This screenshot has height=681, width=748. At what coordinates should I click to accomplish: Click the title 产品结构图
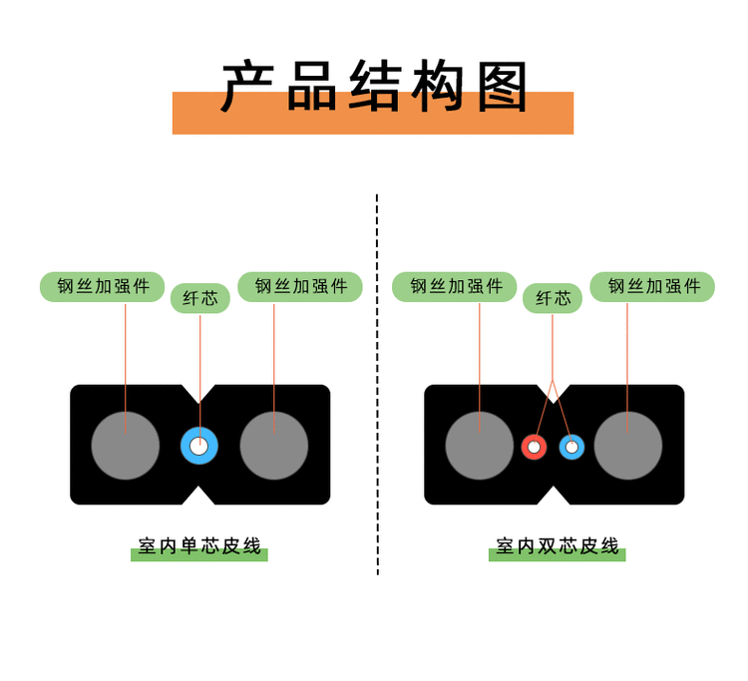tap(374, 88)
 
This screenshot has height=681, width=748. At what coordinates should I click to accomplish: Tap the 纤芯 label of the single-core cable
tap(199, 298)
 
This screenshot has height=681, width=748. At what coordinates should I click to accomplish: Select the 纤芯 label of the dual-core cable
tap(553, 298)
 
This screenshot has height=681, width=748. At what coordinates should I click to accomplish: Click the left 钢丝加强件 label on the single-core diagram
tap(103, 287)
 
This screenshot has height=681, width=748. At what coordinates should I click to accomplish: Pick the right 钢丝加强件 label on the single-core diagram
tap(300, 287)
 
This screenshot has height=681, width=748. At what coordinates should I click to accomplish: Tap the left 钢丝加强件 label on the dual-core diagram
tap(455, 287)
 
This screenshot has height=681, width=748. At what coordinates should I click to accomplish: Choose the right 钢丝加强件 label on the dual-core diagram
tap(652, 287)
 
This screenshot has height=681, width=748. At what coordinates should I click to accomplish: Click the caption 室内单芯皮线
tap(199, 546)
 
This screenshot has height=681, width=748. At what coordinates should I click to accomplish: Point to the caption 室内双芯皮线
tap(558, 546)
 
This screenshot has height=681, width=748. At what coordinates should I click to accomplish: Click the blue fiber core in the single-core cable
tap(199, 446)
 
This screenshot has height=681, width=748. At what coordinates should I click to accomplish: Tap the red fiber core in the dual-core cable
tap(534, 447)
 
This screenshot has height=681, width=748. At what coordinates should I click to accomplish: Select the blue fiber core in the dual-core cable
tap(571, 447)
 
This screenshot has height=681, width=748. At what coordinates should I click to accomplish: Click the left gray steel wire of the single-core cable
tap(126, 446)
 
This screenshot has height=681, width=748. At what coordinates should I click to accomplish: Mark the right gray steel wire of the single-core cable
tap(274, 446)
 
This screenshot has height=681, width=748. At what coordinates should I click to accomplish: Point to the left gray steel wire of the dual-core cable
tap(480, 446)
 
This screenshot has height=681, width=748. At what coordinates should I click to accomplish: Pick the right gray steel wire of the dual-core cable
tap(628, 446)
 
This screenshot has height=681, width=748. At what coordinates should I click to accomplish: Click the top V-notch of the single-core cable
tap(199, 393)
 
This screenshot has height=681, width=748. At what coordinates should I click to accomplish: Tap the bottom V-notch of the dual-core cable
tap(554, 496)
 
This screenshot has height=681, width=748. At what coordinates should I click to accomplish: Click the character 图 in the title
tap(502, 88)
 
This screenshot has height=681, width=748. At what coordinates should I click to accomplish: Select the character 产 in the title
tap(246, 88)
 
